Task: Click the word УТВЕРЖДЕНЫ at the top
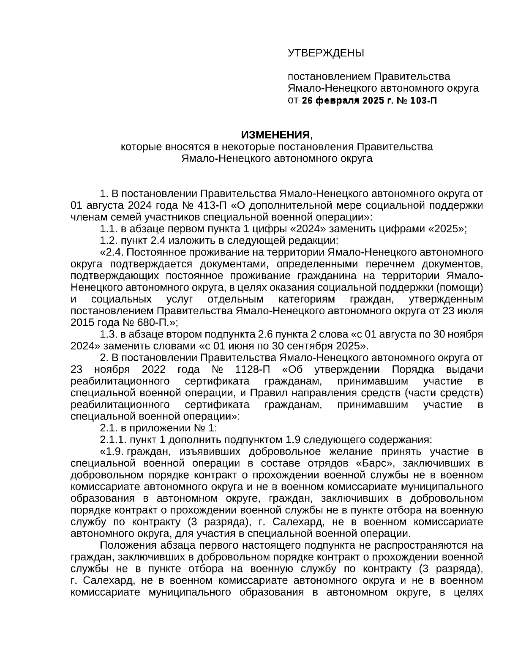click(325, 53)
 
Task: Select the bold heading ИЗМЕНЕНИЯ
click(275, 135)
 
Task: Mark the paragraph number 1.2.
click(109, 241)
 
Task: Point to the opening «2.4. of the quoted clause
click(112, 253)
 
